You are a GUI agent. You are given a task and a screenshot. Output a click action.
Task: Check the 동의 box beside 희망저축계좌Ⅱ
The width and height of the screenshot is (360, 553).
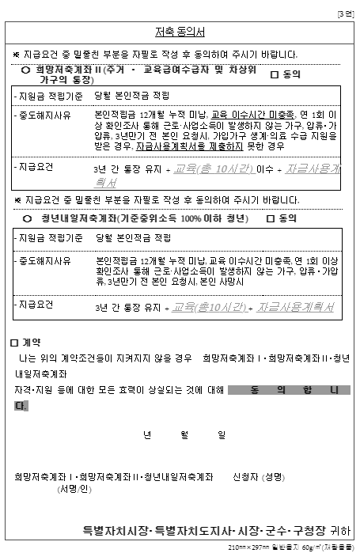[x=275, y=74]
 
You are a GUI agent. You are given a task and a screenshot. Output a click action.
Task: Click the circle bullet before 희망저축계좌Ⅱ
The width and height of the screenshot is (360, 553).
[x=26, y=70]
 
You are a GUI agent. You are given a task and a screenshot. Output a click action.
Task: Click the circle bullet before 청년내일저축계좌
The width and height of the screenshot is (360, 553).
[x=28, y=218]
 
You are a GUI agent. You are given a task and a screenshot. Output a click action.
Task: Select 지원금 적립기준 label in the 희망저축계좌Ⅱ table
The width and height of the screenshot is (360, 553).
[x=48, y=95]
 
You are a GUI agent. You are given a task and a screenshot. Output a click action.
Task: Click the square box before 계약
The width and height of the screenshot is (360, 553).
[x=13, y=343]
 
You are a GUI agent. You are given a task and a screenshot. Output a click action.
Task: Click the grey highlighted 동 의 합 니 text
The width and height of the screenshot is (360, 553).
[x=288, y=390]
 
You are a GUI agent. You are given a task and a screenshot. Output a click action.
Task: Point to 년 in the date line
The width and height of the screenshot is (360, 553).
[x=146, y=435]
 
